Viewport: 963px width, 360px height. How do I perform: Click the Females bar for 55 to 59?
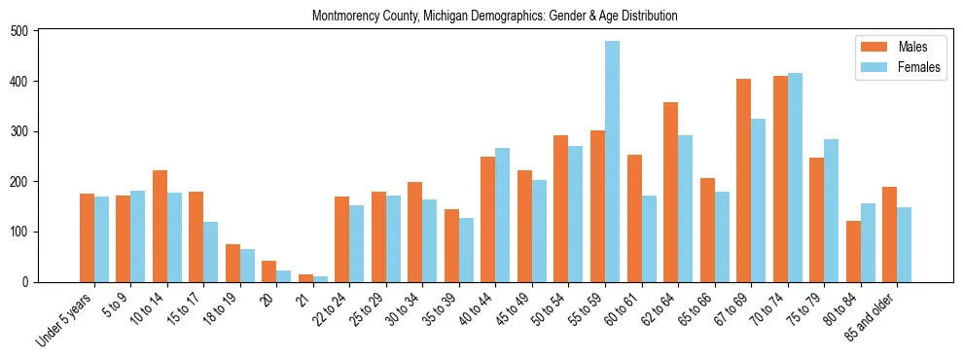tap(612, 162)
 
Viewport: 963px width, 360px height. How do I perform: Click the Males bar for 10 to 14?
tap(160, 226)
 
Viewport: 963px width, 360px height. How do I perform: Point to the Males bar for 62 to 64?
tap(670, 192)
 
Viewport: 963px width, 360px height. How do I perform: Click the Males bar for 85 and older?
tap(889, 234)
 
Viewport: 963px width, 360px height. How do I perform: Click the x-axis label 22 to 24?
tap(327, 309)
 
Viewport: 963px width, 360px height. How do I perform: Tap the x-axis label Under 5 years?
tap(66, 317)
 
